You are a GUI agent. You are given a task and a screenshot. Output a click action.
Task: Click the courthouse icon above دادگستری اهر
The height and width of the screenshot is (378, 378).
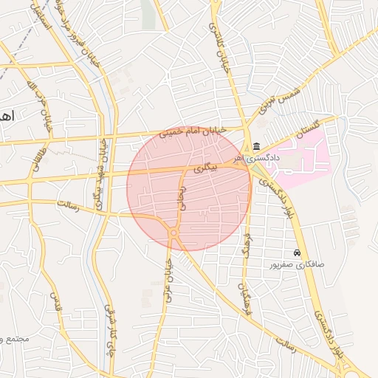click(256, 145)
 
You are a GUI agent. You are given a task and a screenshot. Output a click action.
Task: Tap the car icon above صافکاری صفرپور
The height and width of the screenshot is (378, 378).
click(297, 252)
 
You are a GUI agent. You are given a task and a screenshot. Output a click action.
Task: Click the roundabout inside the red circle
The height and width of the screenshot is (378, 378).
click(173, 233)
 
